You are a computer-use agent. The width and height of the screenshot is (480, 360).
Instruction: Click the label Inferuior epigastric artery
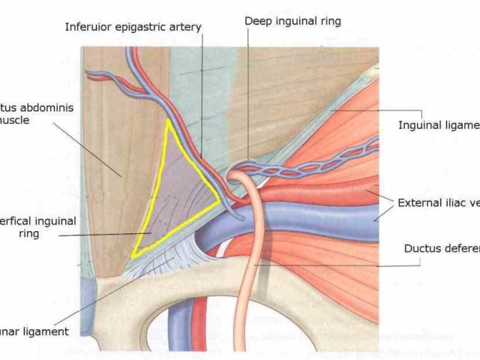click(x=133, y=28)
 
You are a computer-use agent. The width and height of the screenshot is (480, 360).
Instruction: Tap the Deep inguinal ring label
click(x=292, y=21)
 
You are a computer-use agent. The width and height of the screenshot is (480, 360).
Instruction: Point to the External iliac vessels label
click(x=438, y=202)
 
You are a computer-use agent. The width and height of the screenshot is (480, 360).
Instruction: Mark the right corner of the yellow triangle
click(x=220, y=200)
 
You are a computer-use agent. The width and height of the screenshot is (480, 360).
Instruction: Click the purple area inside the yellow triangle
click(x=176, y=195)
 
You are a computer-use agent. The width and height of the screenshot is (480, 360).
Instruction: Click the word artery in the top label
click(x=184, y=28)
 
